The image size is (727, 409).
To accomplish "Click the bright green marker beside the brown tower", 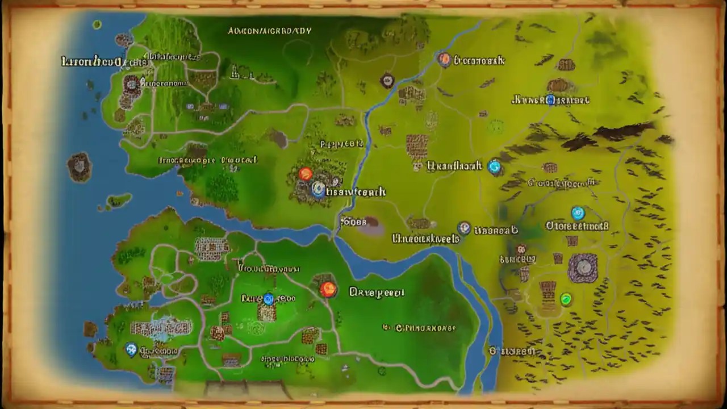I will [x=566, y=299].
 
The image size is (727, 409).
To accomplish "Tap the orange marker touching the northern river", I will [x=444, y=59].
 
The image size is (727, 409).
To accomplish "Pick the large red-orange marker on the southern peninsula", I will [x=328, y=290].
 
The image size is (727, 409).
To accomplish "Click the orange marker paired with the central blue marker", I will [x=306, y=174].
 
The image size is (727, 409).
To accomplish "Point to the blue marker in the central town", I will [x=318, y=189].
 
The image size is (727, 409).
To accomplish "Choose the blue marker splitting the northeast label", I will [x=550, y=101].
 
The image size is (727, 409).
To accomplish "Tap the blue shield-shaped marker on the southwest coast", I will [x=131, y=349].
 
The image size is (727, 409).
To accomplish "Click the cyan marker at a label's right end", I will [x=495, y=166].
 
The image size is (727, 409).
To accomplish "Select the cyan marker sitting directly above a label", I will [x=578, y=214].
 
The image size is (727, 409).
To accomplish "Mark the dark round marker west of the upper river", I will [x=387, y=80].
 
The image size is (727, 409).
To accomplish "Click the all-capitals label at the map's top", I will [x=269, y=31].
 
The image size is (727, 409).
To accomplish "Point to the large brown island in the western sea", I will [x=79, y=167].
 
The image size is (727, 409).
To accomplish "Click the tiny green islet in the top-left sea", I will [x=97, y=24].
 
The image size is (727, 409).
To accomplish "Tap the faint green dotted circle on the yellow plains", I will [x=496, y=126].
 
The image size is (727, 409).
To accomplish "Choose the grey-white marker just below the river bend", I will [x=464, y=228].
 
